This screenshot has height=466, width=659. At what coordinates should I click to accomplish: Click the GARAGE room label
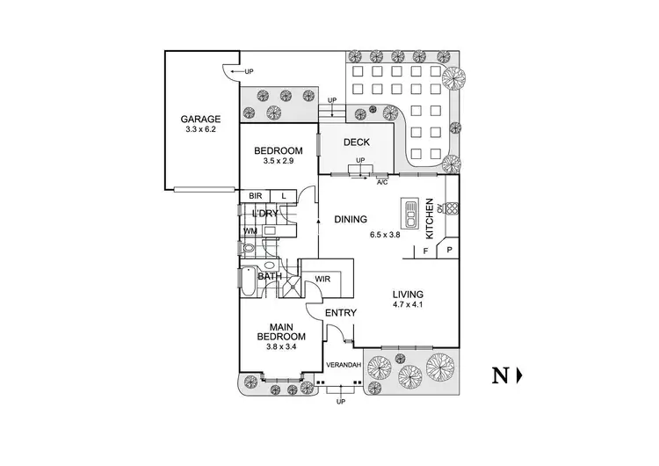200,119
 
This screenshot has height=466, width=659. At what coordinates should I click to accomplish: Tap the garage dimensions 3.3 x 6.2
200,129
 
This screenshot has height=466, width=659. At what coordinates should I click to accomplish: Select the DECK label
357,142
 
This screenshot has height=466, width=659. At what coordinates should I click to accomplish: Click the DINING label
351,219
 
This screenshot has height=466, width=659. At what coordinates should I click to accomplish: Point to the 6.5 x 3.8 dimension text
385,235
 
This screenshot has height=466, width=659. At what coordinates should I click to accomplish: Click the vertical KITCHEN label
430,219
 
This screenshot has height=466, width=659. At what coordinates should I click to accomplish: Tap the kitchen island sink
409,213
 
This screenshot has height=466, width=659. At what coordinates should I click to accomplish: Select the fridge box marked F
425,251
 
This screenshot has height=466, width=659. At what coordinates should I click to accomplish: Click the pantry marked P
448,250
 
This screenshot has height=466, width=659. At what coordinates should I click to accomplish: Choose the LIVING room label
408,295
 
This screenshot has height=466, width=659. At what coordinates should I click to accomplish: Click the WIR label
322,279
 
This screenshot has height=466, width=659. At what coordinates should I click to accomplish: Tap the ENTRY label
340,312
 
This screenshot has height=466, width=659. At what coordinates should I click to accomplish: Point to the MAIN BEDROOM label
281,331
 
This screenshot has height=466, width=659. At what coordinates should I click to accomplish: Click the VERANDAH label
344,365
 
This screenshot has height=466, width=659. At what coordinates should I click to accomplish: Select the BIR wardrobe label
255,196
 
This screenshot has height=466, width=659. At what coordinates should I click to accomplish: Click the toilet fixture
249,248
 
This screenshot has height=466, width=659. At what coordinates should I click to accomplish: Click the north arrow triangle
519,375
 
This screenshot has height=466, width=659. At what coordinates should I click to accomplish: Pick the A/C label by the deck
382,183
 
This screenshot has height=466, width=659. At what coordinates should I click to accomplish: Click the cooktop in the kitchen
452,208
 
